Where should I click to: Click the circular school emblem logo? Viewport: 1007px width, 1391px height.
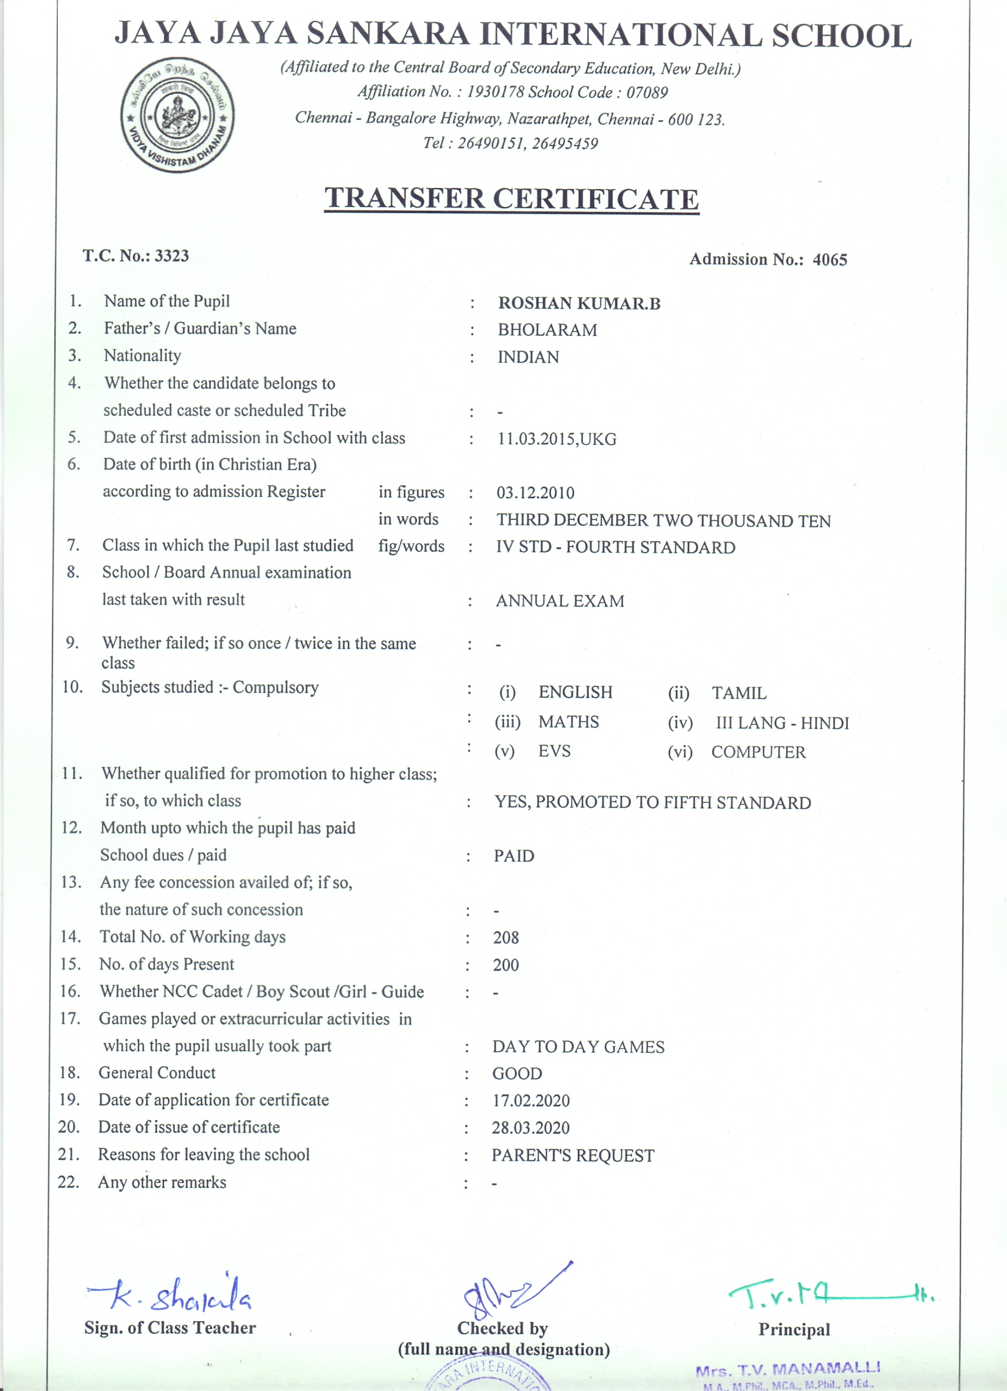click(177, 115)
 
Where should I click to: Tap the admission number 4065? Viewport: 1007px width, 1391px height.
click(830, 260)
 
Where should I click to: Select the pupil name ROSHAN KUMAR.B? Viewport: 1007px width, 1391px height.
click(579, 303)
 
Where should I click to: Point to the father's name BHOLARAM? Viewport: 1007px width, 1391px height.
click(547, 330)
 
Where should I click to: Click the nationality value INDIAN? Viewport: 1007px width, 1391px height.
click(528, 357)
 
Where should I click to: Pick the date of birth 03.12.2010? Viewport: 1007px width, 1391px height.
click(535, 492)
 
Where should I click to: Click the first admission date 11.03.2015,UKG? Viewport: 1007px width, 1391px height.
click(556, 439)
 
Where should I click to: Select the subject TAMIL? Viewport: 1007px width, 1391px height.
click(739, 693)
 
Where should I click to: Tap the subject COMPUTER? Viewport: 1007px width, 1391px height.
click(758, 752)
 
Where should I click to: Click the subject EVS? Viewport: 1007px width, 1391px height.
click(554, 751)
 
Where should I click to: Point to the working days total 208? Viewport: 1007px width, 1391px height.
click(505, 937)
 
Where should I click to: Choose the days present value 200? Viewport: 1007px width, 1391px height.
click(505, 966)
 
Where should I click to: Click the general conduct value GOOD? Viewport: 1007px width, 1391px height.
click(517, 1074)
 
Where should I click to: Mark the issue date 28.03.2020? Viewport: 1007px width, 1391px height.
click(530, 1128)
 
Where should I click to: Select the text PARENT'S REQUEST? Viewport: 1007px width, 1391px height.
click(572, 1155)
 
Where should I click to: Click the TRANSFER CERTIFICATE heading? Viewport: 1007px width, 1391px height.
click(511, 199)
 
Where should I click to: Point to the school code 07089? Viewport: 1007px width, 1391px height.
click(647, 92)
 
